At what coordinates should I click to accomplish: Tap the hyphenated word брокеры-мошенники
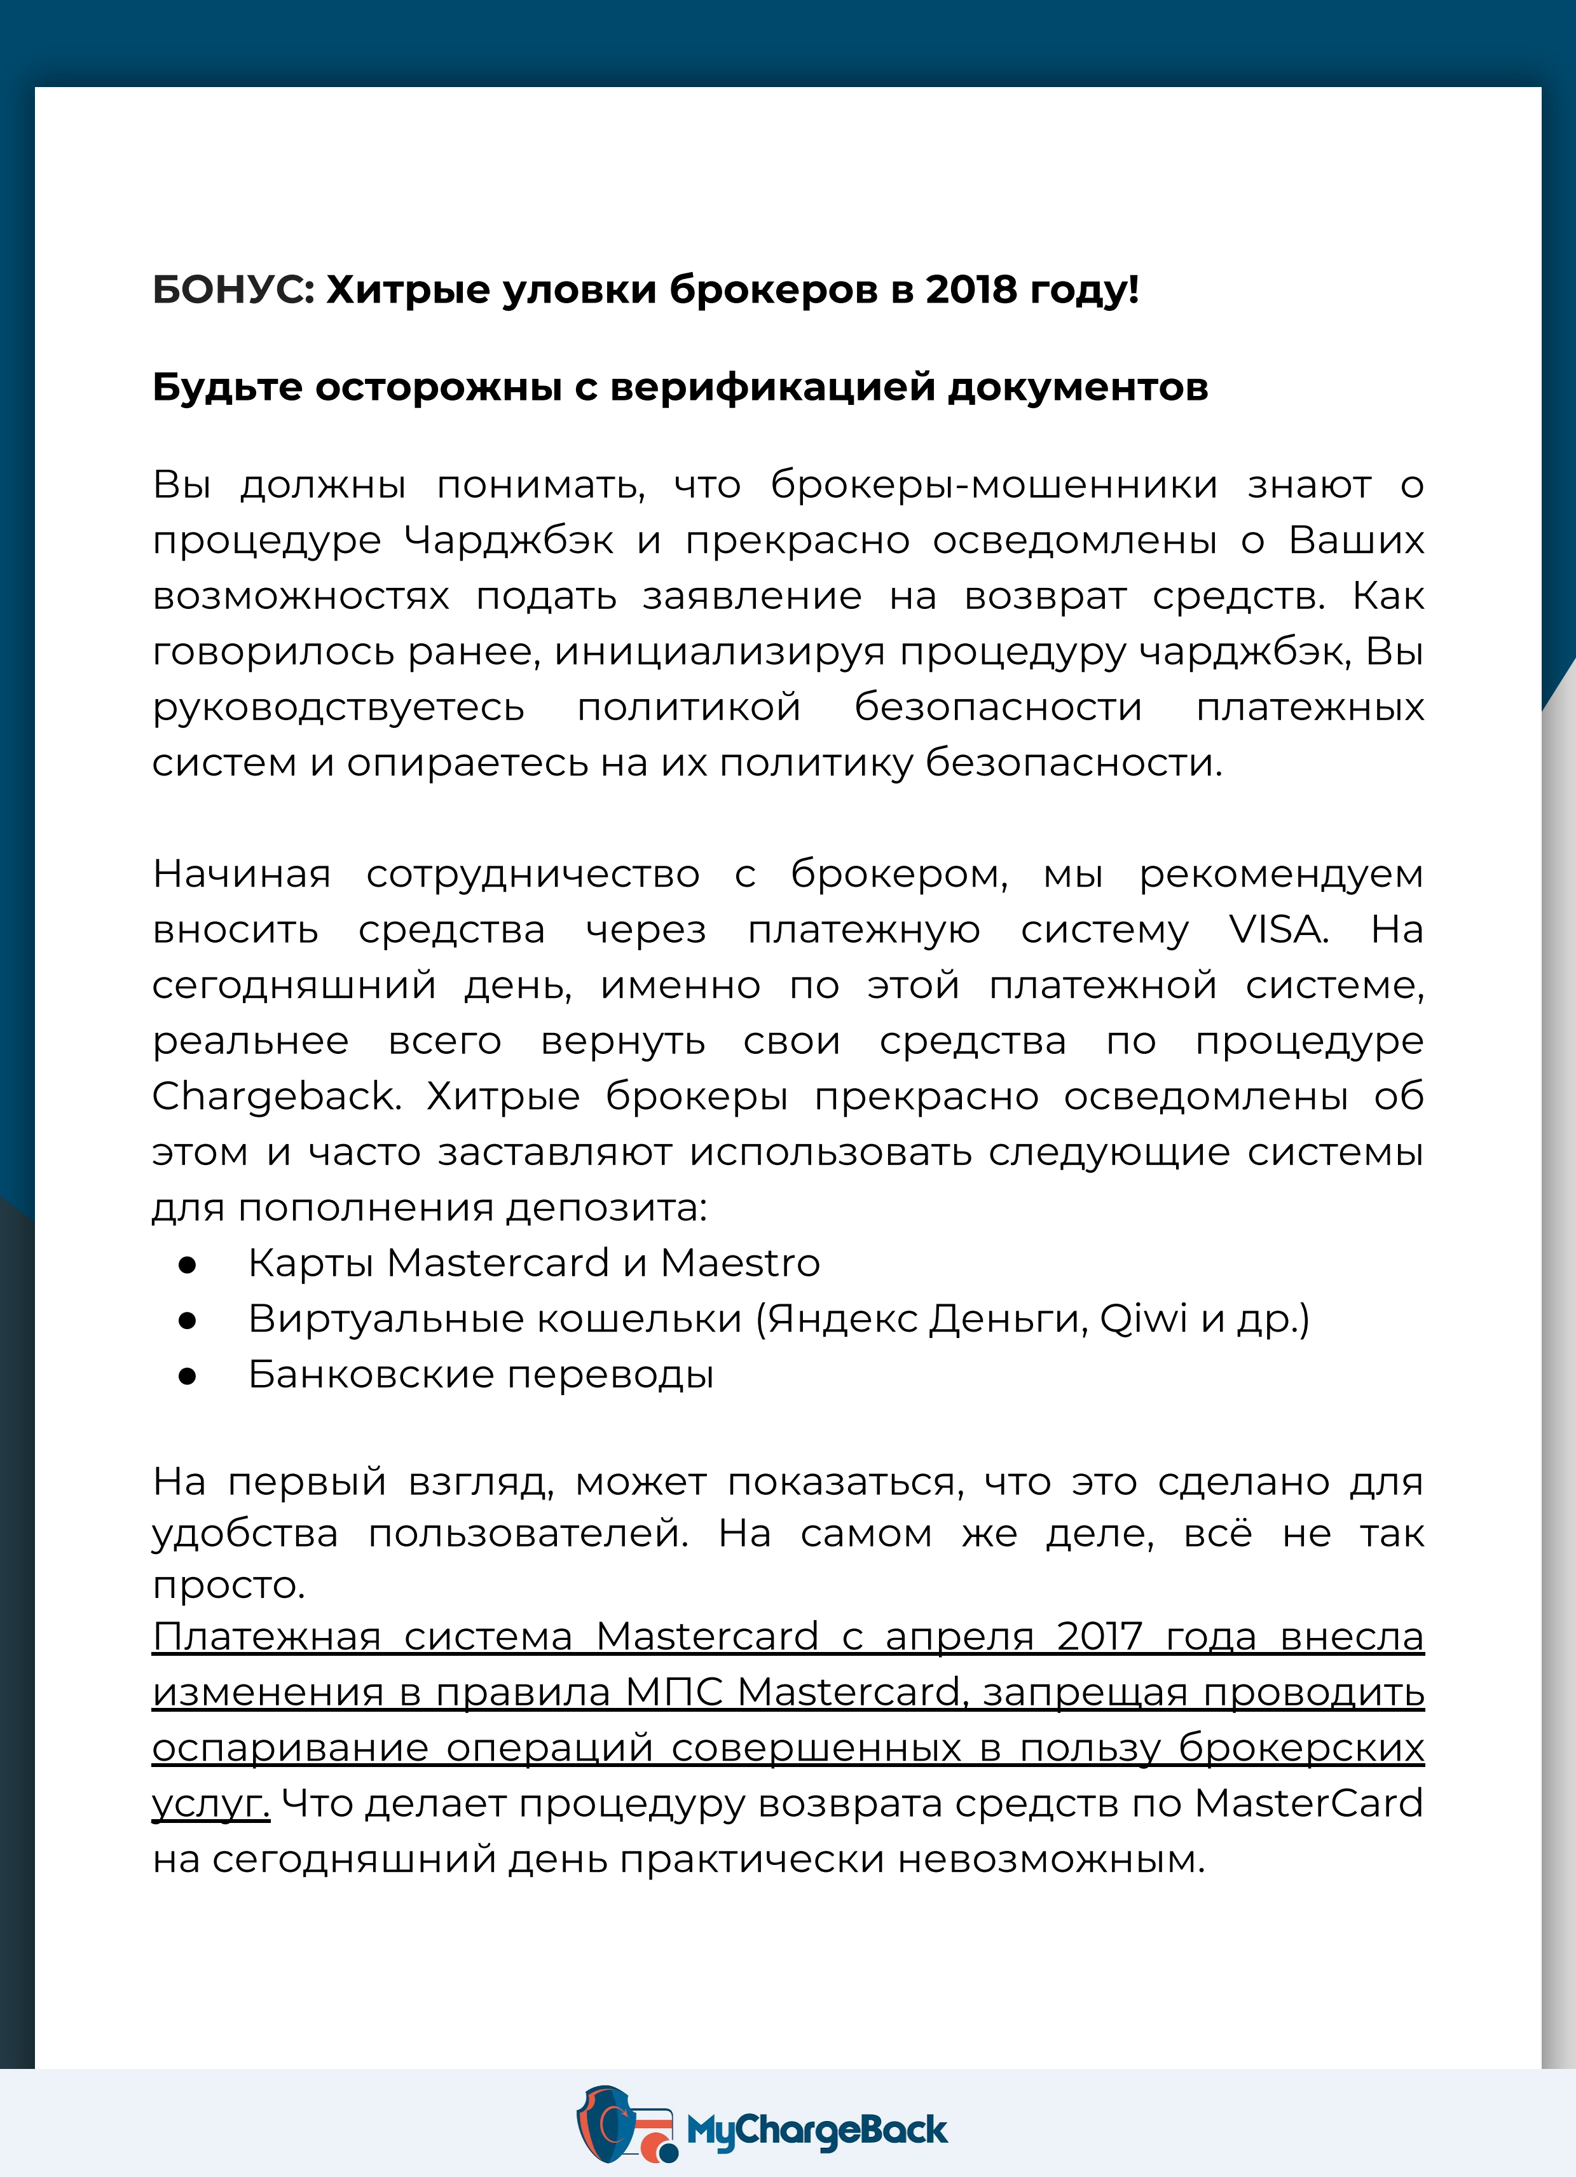tap(994, 486)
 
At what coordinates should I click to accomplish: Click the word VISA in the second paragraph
tap(1278, 929)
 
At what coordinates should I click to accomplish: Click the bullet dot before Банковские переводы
tap(187, 1377)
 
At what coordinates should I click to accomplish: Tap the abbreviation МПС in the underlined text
tap(674, 1692)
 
